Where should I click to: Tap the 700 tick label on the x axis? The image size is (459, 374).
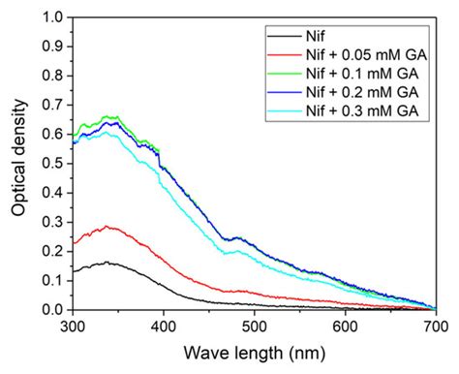435,327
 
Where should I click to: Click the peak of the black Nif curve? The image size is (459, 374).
107,263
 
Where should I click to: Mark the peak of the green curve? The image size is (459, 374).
109,116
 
